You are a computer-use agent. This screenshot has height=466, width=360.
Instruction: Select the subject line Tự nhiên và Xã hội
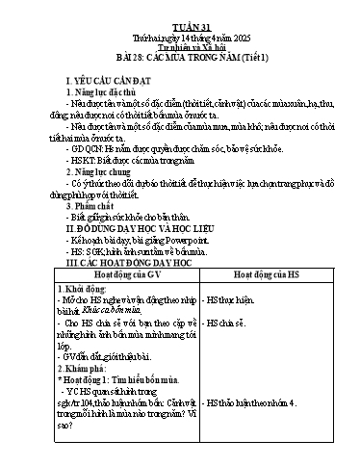pos(179,40)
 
